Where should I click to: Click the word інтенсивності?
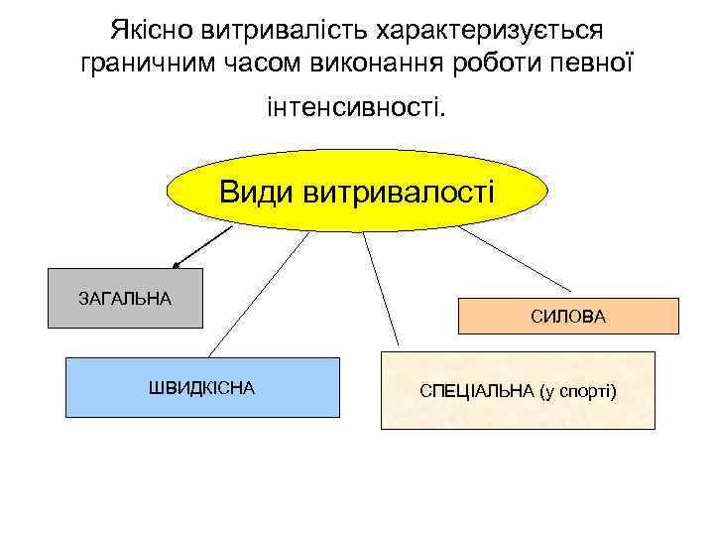tap(356, 104)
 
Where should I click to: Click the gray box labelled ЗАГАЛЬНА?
tap(125, 298)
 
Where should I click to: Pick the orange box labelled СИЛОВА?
tap(568, 317)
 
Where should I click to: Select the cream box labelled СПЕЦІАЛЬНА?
tap(518, 390)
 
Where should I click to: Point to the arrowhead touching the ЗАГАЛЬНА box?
tap(177, 265)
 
